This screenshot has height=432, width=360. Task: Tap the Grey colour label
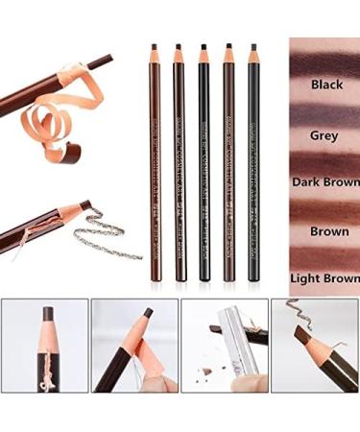pyautogui.click(x=324, y=135)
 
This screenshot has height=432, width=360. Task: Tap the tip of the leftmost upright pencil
pyautogui.click(x=153, y=48)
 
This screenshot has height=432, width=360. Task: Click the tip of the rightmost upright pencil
pyautogui.click(x=253, y=48)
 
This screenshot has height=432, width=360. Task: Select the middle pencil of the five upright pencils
pyautogui.click(x=204, y=163)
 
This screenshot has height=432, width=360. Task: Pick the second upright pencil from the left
pyautogui.click(x=179, y=163)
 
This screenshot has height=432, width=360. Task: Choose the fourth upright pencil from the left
pyautogui.click(x=228, y=163)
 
